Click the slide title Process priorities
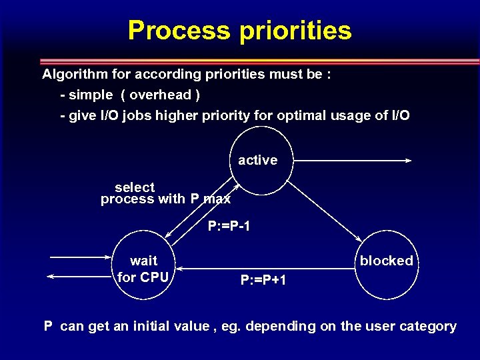point(239,31)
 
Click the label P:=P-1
point(229,227)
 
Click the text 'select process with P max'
point(165,193)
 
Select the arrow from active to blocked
point(325,210)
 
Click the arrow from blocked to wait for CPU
point(267,269)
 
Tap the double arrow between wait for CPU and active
point(201,212)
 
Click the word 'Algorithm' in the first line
point(73,73)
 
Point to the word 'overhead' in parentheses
point(160,95)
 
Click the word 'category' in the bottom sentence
point(427,326)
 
